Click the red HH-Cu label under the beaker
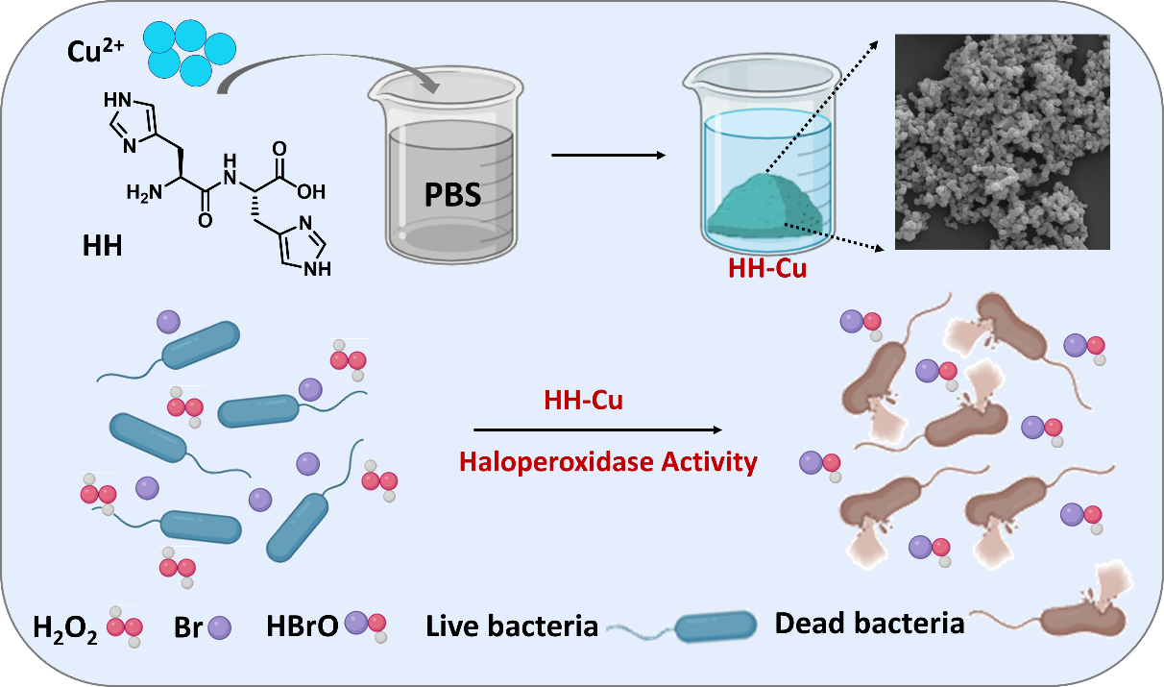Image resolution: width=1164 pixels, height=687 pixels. [x=767, y=269]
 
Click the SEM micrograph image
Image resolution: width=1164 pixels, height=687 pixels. [x=1002, y=141]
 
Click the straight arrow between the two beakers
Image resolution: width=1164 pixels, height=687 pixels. [x=609, y=155]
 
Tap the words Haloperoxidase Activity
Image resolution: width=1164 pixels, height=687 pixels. [x=608, y=463]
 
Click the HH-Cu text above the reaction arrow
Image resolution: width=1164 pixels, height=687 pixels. [x=582, y=401]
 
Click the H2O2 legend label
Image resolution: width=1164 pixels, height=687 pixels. [x=65, y=631]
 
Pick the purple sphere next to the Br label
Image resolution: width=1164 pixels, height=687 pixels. [x=220, y=628]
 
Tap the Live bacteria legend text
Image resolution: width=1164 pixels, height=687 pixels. [x=512, y=627]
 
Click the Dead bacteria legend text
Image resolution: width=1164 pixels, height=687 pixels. [x=869, y=624]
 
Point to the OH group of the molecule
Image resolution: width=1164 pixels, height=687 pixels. [x=310, y=191]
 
